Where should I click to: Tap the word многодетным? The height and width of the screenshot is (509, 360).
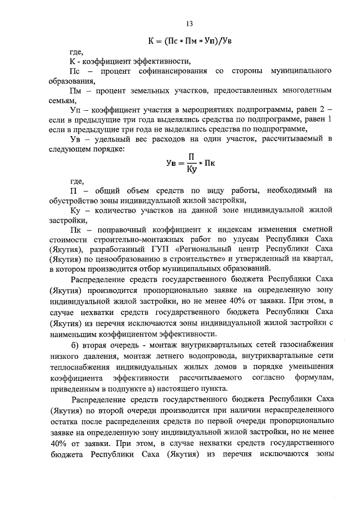pos(305,90)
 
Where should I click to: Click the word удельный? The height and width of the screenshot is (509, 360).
pos(112,139)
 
